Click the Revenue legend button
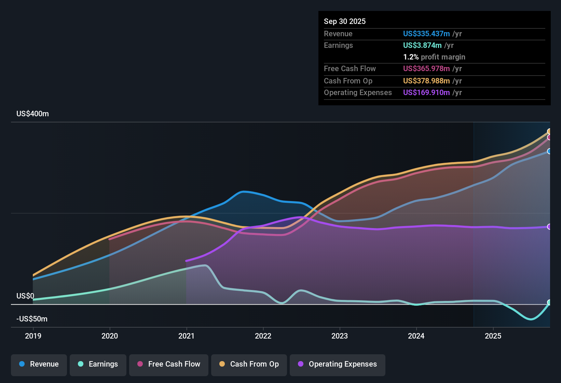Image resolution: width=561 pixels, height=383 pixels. [39, 364]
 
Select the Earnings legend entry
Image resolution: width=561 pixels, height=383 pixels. [98, 364]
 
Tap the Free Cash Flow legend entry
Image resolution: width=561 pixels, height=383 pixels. [169, 364]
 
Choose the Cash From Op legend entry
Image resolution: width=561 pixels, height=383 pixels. [249, 364]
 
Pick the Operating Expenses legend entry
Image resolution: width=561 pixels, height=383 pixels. [338, 364]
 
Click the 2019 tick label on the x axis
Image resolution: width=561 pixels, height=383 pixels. [33, 336]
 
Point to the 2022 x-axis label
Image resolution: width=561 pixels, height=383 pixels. [263, 336]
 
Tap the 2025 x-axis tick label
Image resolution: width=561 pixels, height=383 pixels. [493, 336]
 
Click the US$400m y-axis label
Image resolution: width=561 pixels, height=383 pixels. [32, 114]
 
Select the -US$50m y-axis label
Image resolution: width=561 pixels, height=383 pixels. [32, 319]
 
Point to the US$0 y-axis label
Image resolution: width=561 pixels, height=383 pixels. [25, 296]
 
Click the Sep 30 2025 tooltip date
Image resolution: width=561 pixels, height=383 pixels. [345, 21]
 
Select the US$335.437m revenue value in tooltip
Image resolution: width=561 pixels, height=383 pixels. [426, 34]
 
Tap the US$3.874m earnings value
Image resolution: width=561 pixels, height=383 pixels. [422, 45]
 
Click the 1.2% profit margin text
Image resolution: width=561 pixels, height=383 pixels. [434, 57]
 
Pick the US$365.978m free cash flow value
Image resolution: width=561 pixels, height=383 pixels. [426, 68]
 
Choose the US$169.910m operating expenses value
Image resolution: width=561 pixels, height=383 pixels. [426, 92]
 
